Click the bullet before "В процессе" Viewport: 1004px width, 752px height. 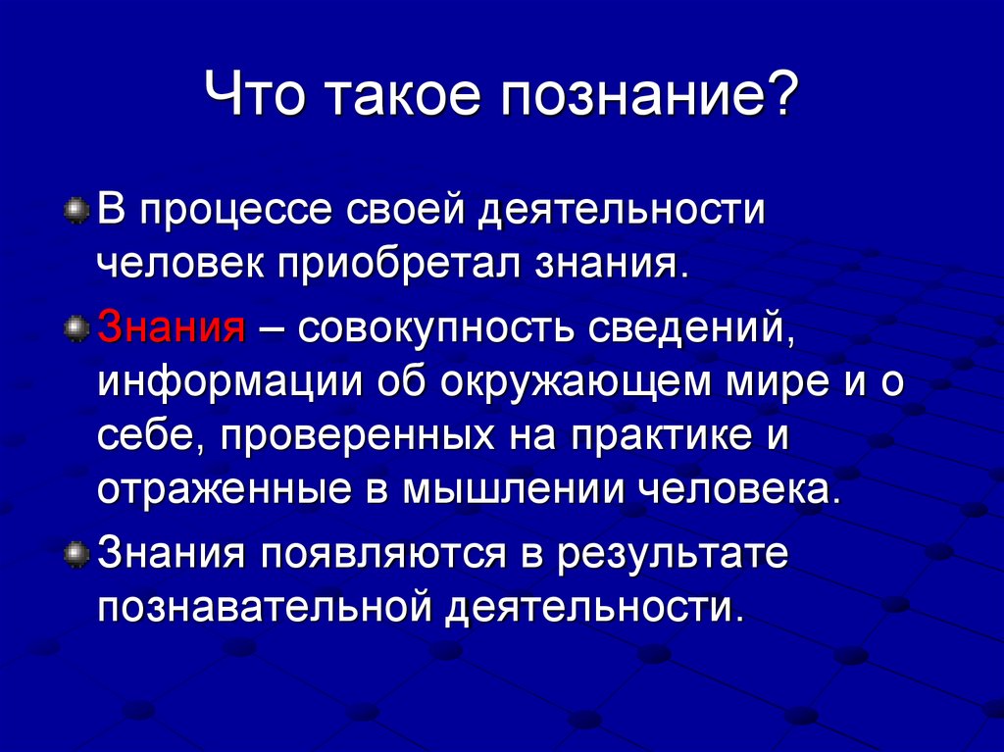[x=75, y=212]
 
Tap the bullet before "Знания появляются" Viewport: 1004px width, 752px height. [x=75, y=555]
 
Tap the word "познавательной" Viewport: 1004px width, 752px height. [x=266, y=607]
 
